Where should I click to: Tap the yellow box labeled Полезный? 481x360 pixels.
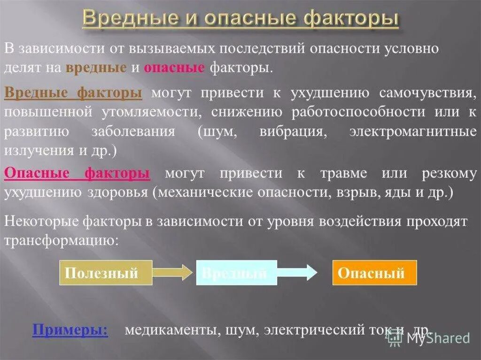[106, 273]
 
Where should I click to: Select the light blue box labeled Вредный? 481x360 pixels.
[236, 273]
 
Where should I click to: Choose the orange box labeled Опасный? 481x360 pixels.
[374, 273]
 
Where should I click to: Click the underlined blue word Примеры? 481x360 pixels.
[70, 329]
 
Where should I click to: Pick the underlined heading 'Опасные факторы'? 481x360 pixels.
[77, 173]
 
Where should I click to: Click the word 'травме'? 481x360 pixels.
[341, 173]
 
